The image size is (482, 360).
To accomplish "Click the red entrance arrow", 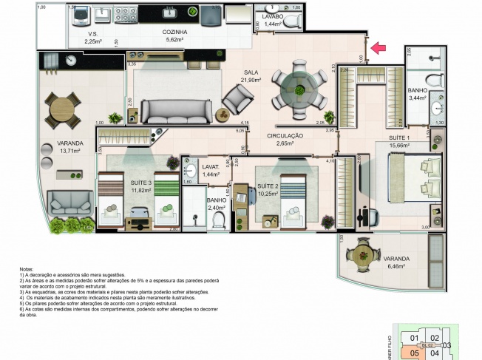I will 378,49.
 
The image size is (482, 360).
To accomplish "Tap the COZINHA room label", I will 174,33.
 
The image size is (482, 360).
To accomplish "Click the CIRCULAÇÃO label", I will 285,136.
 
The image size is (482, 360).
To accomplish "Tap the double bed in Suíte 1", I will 413,173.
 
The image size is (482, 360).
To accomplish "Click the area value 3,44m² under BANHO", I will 418,98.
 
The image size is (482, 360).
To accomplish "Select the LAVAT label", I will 191,167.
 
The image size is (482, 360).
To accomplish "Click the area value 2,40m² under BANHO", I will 195,208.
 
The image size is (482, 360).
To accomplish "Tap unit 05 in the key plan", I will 414,353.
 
